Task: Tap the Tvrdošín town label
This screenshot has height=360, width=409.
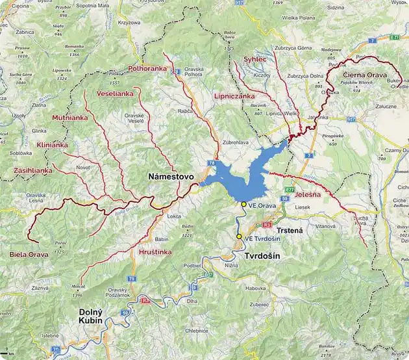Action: [262, 256]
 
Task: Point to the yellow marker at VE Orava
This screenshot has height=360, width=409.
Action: [244, 204]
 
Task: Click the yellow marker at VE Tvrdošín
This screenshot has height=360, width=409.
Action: [239, 237]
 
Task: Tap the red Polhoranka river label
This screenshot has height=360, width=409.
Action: [147, 68]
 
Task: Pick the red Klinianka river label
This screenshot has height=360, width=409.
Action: [53, 144]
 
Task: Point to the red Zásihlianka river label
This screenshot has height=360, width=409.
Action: [32, 170]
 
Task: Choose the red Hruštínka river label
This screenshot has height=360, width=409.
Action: [155, 251]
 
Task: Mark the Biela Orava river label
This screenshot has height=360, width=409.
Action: [29, 254]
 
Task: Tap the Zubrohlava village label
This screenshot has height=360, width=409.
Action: [236, 142]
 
